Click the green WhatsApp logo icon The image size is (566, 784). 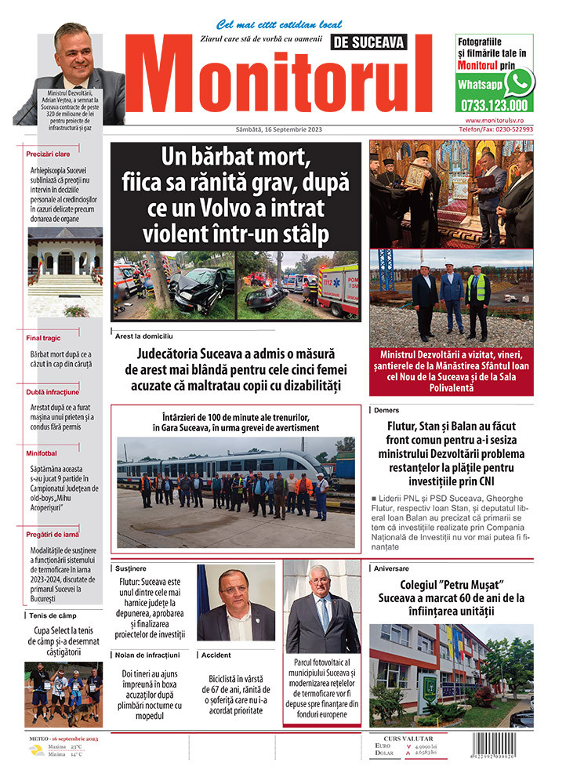coord(518,82)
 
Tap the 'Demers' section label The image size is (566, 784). coord(386,410)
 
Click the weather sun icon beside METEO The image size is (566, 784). coord(36,750)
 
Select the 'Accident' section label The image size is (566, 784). coord(217,654)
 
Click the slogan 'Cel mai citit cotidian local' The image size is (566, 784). coord(268,24)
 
